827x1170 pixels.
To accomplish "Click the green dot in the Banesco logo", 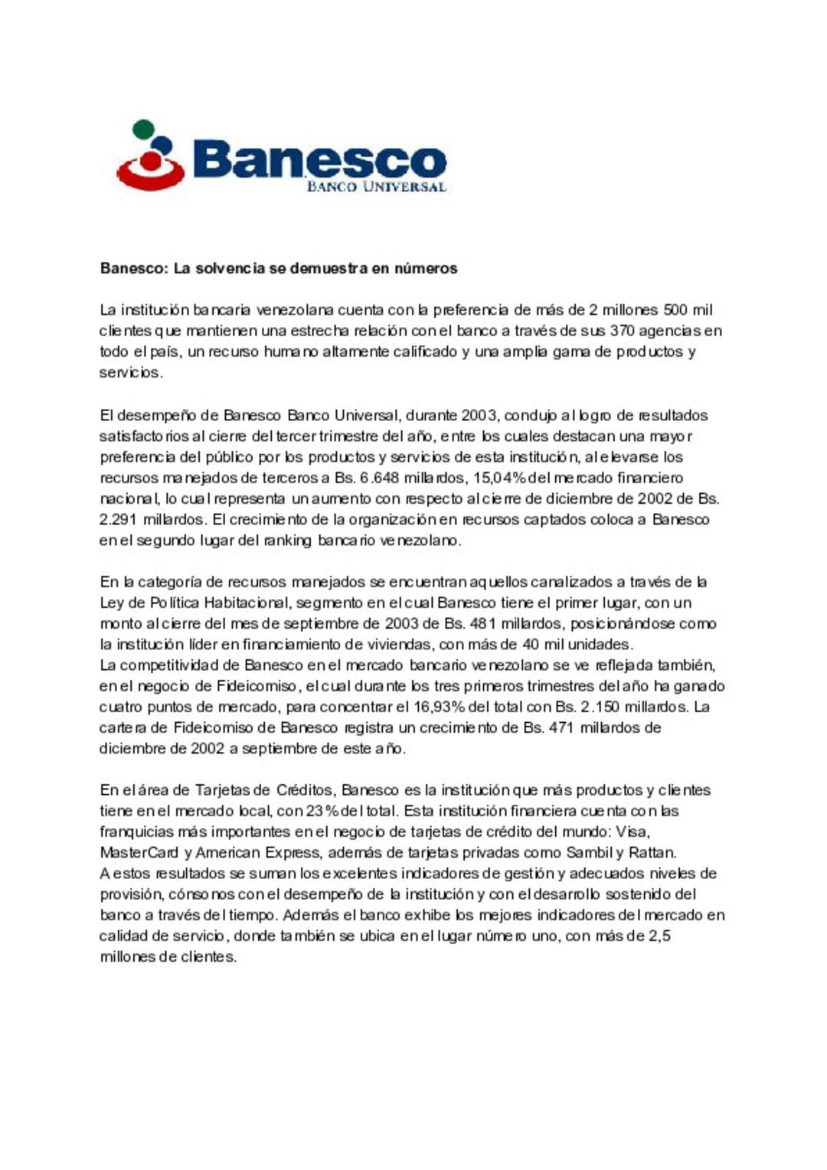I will coord(143,129).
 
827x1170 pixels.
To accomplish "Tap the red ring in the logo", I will coord(150,178).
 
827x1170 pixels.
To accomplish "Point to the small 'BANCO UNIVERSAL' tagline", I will coord(375,186).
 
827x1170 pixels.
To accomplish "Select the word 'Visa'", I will coord(633,832).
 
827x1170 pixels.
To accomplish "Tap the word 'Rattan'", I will coord(652,852).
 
